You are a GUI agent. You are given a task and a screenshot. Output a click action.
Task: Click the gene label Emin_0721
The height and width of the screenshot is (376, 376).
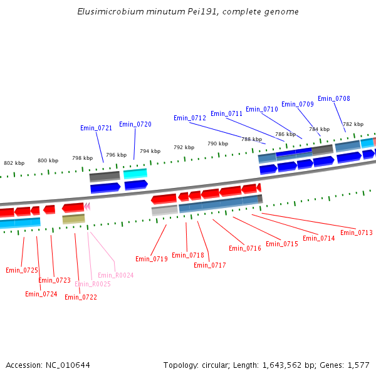coord(96,128)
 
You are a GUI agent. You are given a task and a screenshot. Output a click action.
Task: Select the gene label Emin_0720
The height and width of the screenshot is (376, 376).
coord(135,124)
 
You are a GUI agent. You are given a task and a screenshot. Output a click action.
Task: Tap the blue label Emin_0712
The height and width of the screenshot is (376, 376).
coord(190,118)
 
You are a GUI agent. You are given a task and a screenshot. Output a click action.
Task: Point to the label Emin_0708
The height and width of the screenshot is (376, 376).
coord(334,98)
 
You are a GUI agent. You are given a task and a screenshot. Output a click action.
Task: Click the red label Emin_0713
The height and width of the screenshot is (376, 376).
coord(357,232)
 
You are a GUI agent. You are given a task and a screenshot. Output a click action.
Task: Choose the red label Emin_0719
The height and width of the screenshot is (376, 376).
coord(152,259)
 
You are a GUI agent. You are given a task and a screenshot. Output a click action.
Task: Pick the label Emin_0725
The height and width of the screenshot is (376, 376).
coord(22,270)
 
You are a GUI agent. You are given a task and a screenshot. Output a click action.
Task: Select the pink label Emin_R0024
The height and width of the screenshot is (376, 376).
coord(116,275)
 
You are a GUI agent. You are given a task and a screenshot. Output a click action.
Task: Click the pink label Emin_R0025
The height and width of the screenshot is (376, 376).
coord(93,284)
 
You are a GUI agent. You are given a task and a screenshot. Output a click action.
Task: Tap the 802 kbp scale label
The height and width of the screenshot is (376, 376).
coord(14,163)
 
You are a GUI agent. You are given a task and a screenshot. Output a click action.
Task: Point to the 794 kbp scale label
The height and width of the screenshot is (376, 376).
coord(150,151)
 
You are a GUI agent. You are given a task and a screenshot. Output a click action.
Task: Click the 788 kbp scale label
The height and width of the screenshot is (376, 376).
coord(251,139)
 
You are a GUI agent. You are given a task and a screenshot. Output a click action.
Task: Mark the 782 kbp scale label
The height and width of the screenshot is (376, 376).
coord(353,124)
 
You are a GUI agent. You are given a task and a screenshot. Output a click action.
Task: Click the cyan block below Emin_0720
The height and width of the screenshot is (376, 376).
coord(135,174)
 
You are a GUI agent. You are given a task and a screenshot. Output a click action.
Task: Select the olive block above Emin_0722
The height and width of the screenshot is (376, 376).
coord(73,219)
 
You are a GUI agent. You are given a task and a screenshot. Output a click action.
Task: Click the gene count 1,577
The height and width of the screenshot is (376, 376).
coord(357,365)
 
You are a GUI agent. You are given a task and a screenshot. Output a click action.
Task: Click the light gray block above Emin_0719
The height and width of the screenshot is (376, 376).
coord(165,211)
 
